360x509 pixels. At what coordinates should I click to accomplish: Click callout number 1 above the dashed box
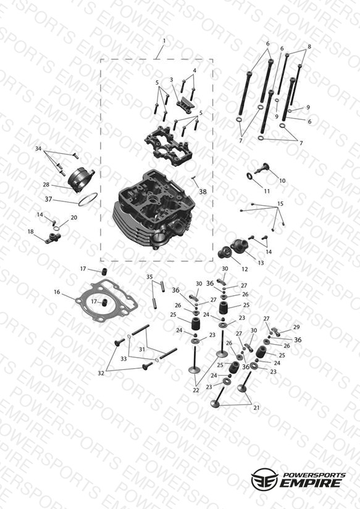click(164, 41)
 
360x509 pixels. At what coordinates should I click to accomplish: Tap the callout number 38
click(203, 191)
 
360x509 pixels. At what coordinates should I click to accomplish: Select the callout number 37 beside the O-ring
click(48, 199)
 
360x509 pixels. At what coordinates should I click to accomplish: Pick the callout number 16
click(57, 292)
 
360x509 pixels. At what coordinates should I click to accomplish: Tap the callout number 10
click(282, 180)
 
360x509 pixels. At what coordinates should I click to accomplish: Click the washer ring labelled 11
click(250, 176)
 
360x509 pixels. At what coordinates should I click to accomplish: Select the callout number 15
click(280, 203)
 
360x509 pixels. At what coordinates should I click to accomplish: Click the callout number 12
click(245, 269)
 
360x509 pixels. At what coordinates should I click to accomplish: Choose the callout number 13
click(261, 263)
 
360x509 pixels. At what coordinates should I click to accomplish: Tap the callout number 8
click(309, 46)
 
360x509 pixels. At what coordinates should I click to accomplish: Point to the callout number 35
click(149, 277)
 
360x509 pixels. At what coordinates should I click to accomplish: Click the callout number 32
click(101, 373)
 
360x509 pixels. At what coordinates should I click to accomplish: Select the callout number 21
click(256, 408)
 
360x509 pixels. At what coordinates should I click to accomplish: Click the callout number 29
click(296, 327)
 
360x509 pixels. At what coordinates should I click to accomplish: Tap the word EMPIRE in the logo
click(311, 483)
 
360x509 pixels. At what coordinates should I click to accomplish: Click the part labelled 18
click(52, 237)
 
